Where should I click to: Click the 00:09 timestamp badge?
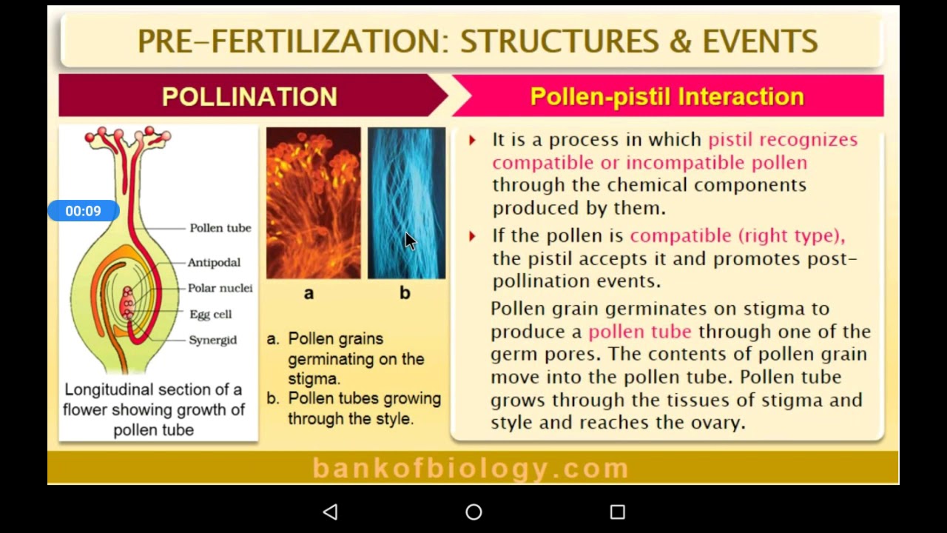83,211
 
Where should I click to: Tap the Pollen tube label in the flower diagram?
220,228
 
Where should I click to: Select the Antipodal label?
214,262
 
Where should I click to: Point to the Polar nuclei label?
220,288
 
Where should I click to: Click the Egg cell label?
210,314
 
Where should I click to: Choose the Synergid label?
212,340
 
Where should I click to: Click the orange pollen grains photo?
313,203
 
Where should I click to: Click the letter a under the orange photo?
309,293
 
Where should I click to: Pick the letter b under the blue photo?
405,293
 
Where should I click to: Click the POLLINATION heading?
249,96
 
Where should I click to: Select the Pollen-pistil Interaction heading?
667,96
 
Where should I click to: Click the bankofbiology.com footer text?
471,468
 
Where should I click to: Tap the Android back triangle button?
331,512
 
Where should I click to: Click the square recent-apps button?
618,512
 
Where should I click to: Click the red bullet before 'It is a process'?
472,140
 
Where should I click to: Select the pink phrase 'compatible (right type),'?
737,235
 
